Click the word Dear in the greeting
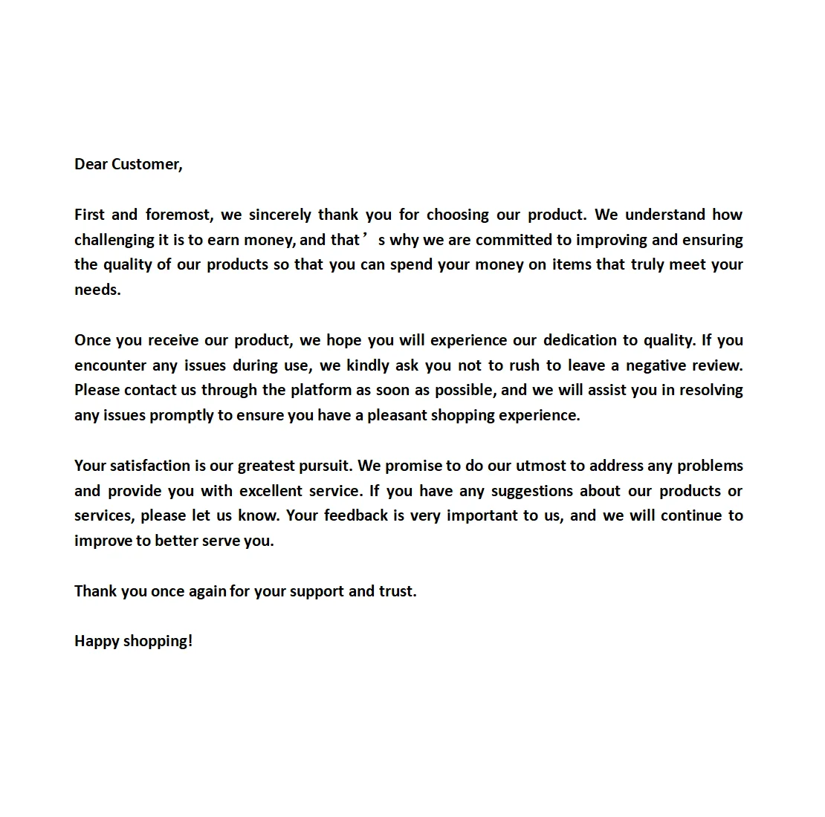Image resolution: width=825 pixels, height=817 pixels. point(91,164)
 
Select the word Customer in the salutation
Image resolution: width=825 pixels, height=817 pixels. point(146,164)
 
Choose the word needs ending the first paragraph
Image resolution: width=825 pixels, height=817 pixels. point(97,290)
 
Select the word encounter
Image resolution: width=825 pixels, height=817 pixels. point(110,365)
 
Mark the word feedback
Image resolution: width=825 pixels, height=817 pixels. point(356,515)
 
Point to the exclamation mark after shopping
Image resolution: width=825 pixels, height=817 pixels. point(190,641)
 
